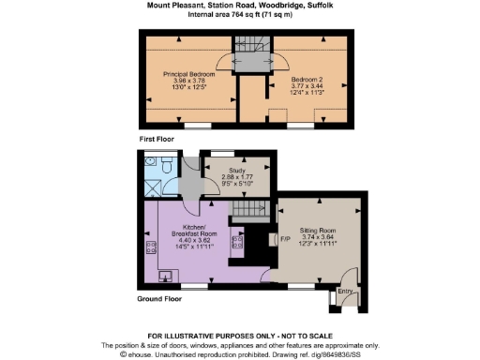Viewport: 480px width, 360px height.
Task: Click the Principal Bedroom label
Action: point(190,73)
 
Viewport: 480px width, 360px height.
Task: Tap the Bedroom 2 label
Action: point(307,80)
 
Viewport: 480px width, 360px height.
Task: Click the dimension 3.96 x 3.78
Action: point(190,81)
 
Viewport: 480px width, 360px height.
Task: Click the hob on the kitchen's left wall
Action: point(150,248)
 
